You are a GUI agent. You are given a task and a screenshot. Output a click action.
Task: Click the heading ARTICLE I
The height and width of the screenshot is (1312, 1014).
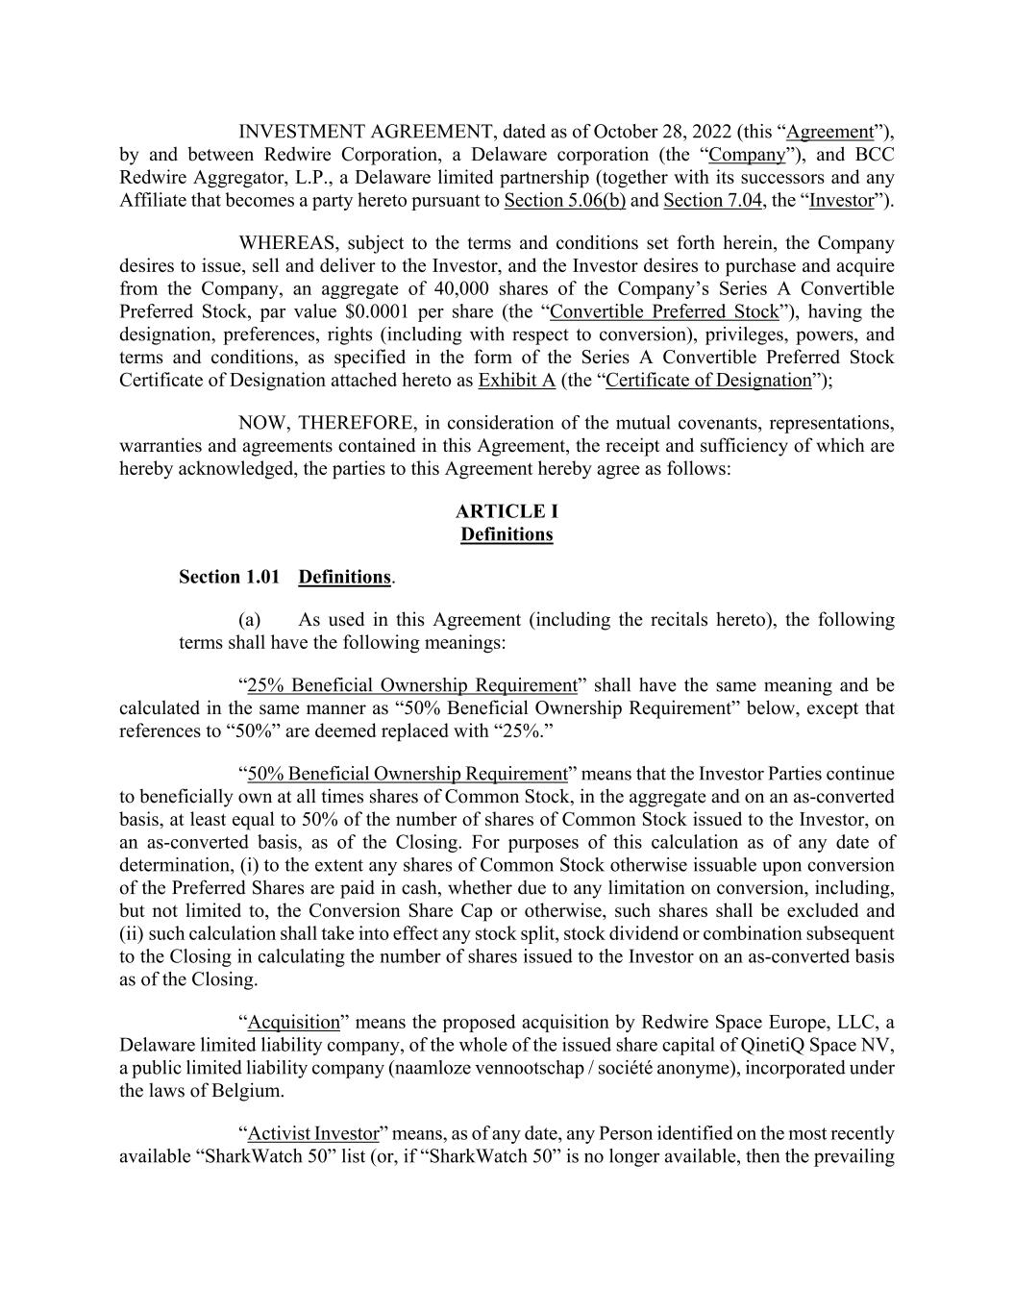(507, 511)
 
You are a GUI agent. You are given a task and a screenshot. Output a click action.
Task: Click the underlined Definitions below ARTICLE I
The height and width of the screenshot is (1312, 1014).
(507, 534)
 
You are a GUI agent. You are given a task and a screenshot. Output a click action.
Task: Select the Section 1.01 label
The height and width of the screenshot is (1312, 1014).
(229, 577)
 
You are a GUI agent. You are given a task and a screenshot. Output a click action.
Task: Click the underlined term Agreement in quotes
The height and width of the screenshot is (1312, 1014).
(829, 132)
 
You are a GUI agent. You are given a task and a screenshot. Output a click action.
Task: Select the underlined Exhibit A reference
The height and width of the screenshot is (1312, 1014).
(516, 381)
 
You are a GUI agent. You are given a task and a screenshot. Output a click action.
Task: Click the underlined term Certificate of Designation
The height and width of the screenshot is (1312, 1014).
(708, 381)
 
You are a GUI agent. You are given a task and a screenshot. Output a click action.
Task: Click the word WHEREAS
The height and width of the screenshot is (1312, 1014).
(282, 243)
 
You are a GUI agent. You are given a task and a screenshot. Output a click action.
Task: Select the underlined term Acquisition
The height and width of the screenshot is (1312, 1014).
(294, 1023)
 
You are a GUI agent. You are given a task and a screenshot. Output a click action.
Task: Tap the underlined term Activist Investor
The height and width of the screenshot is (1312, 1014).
(312, 1134)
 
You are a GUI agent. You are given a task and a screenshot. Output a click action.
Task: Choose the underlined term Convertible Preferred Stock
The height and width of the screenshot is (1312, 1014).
(664, 312)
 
